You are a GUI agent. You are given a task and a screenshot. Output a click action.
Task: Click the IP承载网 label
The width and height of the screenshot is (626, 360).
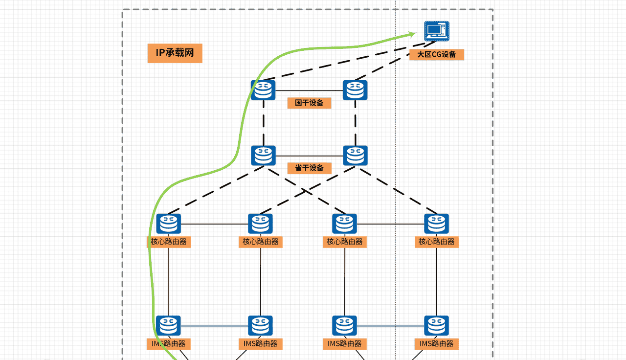click(x=175, y=53)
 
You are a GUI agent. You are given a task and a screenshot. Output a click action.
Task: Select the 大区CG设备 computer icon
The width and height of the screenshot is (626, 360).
click(x=436, y=32)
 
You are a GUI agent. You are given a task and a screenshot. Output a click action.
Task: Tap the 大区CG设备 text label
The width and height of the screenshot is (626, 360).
click(x=436, y=54)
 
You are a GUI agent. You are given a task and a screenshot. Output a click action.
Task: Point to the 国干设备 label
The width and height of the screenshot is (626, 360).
click(x=309, y=103)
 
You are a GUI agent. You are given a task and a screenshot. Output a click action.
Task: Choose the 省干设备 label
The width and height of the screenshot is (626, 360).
click(x=309, y=168)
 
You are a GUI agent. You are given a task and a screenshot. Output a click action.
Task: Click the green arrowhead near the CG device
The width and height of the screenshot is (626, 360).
click(x=412, y=34)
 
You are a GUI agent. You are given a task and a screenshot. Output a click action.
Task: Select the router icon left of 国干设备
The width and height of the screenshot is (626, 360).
click(x=263, y=90)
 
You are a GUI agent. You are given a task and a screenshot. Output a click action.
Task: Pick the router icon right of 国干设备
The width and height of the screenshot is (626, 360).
click(x=355, y=90)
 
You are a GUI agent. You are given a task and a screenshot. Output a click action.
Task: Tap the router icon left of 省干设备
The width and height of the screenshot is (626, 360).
click(x=263, y=156)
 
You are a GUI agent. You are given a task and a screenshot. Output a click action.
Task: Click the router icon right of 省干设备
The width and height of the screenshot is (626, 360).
click(x=355, y=156)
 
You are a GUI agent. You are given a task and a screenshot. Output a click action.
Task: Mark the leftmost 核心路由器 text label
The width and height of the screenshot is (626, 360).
click(x=169, y=242)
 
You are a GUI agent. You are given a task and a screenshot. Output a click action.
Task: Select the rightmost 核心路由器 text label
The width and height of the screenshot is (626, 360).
click(x=437, y=242)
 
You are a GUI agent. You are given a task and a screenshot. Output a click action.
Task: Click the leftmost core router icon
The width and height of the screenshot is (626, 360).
click(x=169, y=224)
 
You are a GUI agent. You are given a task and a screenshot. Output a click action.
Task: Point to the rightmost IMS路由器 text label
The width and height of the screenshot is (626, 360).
click(x=437, y=344)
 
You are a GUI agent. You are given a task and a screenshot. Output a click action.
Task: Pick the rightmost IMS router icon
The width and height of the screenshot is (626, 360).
click(x=437, y=325)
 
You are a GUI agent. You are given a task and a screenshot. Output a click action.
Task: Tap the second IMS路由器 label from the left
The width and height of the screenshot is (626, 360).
click(x=261, y=344)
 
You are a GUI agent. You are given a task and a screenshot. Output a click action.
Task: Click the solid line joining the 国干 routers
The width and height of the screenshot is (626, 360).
click(x=309, y=90)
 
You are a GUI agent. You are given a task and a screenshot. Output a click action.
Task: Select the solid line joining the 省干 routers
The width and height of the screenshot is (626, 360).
click(x=309, y=156)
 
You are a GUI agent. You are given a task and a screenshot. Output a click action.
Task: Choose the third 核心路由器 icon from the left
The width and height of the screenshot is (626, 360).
click(x=345, y=224)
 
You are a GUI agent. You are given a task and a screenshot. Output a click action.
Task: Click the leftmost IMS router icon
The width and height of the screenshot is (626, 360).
click(x=169, y=325)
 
